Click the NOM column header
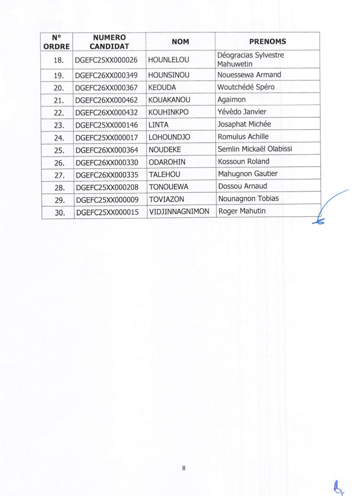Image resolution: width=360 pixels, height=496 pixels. point(180,42)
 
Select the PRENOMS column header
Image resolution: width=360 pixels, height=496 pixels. point(267,42)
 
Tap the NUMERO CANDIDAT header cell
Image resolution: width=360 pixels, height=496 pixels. point(109,42)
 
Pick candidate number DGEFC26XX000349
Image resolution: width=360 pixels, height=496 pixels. point(106,75)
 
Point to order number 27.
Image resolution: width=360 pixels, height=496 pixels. point(57,174)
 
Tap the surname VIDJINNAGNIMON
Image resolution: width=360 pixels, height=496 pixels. point(179,211)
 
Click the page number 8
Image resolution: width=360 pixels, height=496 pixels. point(184,468)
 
